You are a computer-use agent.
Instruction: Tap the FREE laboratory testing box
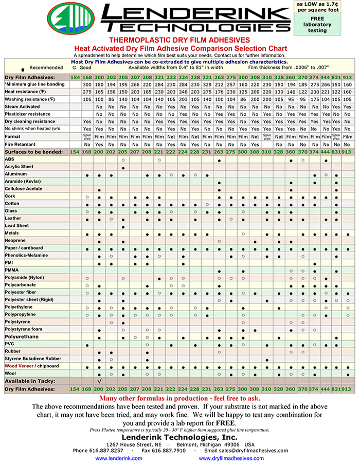314,24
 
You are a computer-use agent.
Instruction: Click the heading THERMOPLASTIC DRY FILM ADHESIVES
180,40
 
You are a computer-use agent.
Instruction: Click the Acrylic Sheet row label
19,167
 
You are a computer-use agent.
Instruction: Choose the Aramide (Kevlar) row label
24,182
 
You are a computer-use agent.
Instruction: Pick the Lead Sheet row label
17,226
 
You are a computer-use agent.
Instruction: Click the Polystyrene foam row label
23,329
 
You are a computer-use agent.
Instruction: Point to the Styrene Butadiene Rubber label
30,359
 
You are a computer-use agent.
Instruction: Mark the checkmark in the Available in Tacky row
99,381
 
